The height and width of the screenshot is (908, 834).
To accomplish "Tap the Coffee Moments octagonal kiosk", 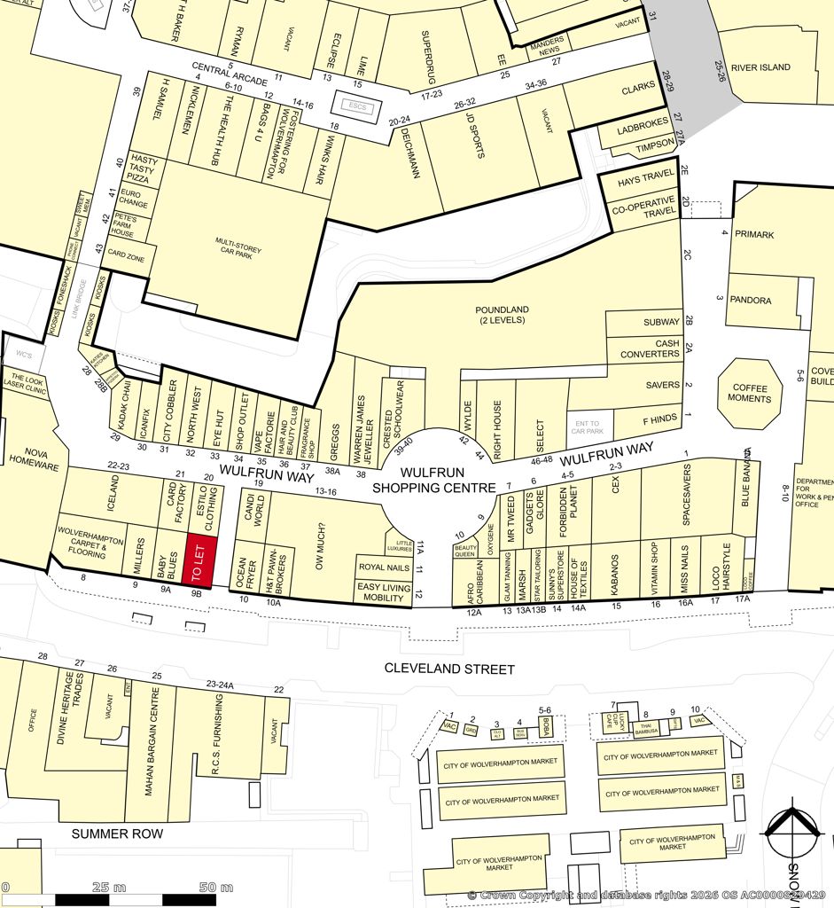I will pos(749,393).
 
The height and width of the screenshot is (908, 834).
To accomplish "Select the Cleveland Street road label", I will pos(450,668).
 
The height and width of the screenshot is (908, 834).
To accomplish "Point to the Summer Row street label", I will pos(118,834).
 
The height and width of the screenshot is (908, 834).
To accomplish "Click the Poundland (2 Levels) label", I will pos(502,315).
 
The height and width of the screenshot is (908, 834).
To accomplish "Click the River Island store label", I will pos(760,67).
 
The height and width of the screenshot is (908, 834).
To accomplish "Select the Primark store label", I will pos(753,235).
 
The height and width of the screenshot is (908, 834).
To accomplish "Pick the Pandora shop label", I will pos(750,301).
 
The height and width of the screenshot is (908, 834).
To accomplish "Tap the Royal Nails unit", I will pos(385,566).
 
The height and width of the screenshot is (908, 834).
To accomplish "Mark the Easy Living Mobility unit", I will pos(384,592).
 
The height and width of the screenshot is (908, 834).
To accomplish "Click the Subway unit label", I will pos(661,322).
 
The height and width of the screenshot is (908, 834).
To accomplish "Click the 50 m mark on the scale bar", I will pos(215,888).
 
